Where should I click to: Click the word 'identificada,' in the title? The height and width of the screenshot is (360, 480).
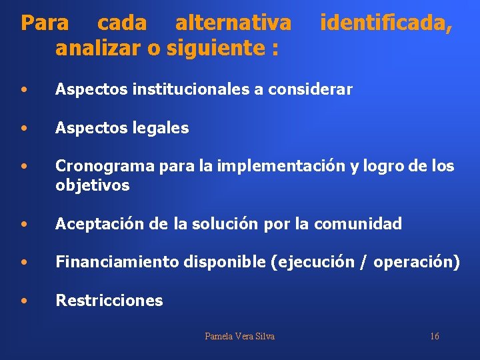386,24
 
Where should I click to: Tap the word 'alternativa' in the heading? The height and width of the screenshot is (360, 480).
233,24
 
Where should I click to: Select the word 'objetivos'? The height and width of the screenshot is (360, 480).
92,185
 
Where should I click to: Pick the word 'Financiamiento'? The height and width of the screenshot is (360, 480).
117,263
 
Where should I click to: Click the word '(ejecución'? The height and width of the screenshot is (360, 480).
313,263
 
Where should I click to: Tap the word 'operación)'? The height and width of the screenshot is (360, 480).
417,263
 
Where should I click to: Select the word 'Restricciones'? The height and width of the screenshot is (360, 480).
109,301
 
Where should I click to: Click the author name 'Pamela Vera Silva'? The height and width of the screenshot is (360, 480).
239,336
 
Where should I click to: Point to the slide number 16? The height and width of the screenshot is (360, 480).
434,336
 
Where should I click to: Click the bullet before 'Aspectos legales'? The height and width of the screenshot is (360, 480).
24,128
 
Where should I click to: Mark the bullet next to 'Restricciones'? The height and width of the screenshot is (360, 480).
24,301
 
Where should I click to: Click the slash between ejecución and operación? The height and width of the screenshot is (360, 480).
363,263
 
